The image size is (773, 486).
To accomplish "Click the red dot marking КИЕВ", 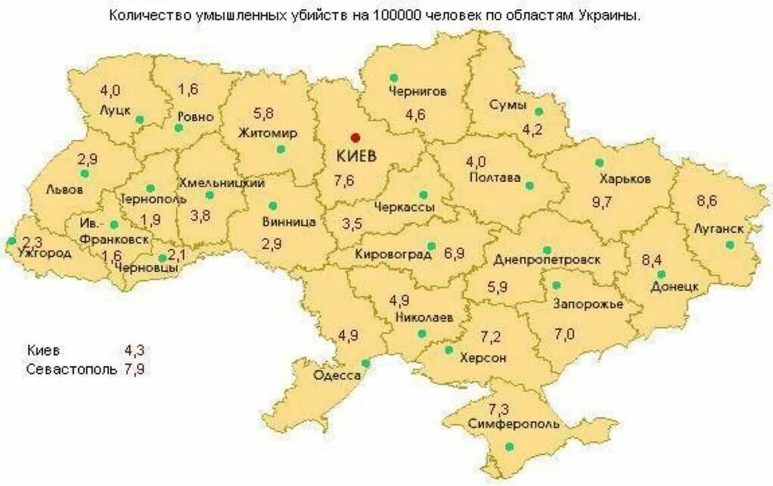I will pyautogui.click(x=355, y=137).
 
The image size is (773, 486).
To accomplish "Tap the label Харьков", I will pyautogui.click(x=625, y=179).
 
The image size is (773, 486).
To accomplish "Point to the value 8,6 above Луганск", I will pyautogui.click(x=706, y=201).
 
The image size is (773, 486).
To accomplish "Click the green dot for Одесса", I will pyautogui.click(x=365, y=363).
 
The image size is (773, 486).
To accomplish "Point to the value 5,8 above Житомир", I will pyautogui.click(x=264, y=114).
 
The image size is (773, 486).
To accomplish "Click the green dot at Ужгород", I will pyautogui.click(x=11, y=241).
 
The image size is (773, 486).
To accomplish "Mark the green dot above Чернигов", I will pyautogui.click(x=393, y=77).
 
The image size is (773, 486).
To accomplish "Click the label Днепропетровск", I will pyautogui.click(x=547, y=260).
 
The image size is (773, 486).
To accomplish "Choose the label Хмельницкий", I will pyautogui.click(x=222, y=183).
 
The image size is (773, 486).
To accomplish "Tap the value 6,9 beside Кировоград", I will pyautogui.click(x=454, y=254).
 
